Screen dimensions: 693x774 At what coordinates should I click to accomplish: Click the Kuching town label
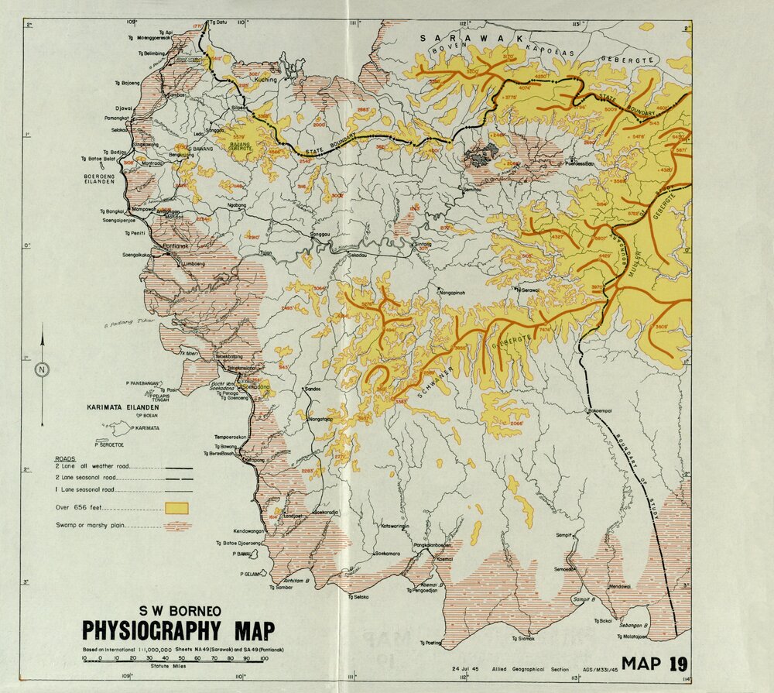(265, 80)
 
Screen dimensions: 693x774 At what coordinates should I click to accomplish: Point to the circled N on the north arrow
(42, 370)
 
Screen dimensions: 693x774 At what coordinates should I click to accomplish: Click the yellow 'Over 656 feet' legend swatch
(178, 508)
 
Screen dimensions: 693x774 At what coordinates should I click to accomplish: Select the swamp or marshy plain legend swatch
(178, 526)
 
